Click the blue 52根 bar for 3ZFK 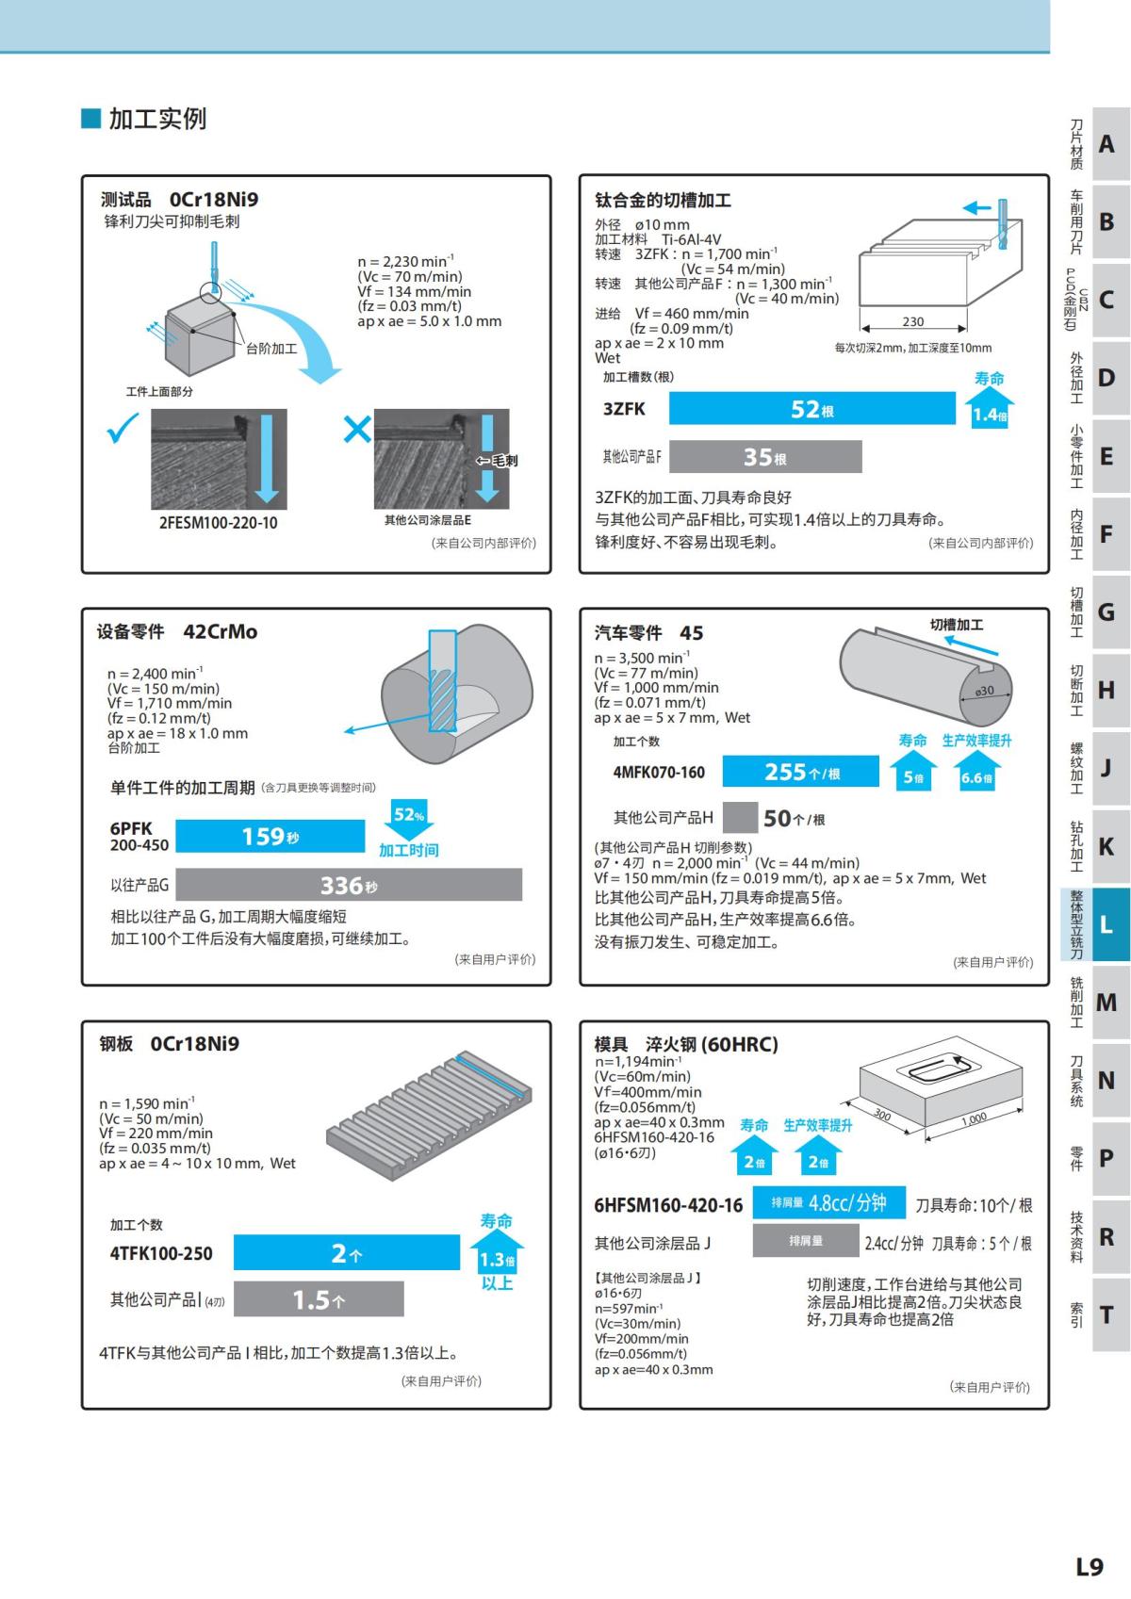pyautogui.click(x=811, y=409)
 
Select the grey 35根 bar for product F pyautogui.click(x=764, y=457)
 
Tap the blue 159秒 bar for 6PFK pyautogui.click(x=270, y=837)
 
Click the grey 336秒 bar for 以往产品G pyautogui.click(x=348, y=885)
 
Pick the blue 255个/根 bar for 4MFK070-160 pyautogui.click(x=801, y=772)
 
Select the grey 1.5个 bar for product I pyautogui.click(x=318, y=1299)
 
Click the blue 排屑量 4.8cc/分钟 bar pyautogui.click(x=828, y=1202)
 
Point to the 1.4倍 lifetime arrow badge pyautogui.click(x=989, y=413)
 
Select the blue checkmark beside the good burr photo pyautogui.click(x=123, y=430)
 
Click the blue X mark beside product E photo pyautogui.click(x=357, y=430)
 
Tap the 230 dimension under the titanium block pyautogui.click(x=912, y=321)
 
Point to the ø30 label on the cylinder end pyautogui.click(x=984, y=691)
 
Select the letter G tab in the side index pyautogui.click(x=1106, y=612)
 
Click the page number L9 pyautogui.click(x=1089, y=1566)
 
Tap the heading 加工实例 pyautogui.click(x=156, y=119)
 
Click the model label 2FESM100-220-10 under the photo pyautogui.click(x=218, y=523)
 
